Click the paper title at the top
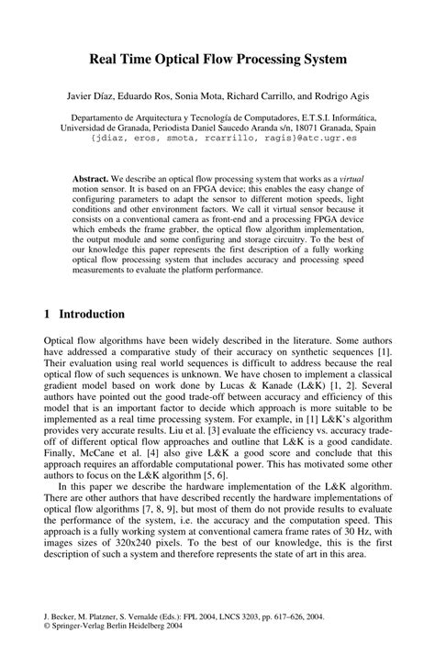217,60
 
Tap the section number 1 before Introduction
48,314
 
